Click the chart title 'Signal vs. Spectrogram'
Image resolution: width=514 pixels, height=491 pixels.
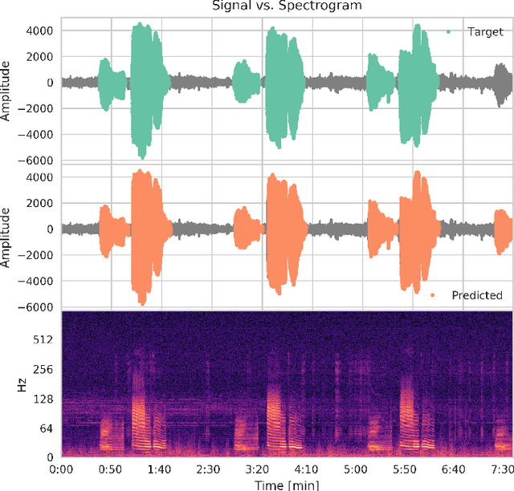click(x=286, y=6)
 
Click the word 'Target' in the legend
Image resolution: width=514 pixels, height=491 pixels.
click(x=484, y=32)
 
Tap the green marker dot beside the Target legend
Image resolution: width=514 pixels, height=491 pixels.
click(x=448, y=32)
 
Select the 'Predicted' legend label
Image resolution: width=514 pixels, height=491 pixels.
click(x=477, y=295)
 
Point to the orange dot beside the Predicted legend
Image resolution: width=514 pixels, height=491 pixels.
click(x=433, y=295)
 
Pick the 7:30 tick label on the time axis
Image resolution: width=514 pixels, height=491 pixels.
click(x=500, y=469)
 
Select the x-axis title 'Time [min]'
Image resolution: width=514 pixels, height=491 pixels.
click(x=286, y=484)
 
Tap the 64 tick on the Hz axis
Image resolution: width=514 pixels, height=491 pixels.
click(x=45, y=428)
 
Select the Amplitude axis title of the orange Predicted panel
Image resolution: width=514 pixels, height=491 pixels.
click(x=7, y=238)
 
